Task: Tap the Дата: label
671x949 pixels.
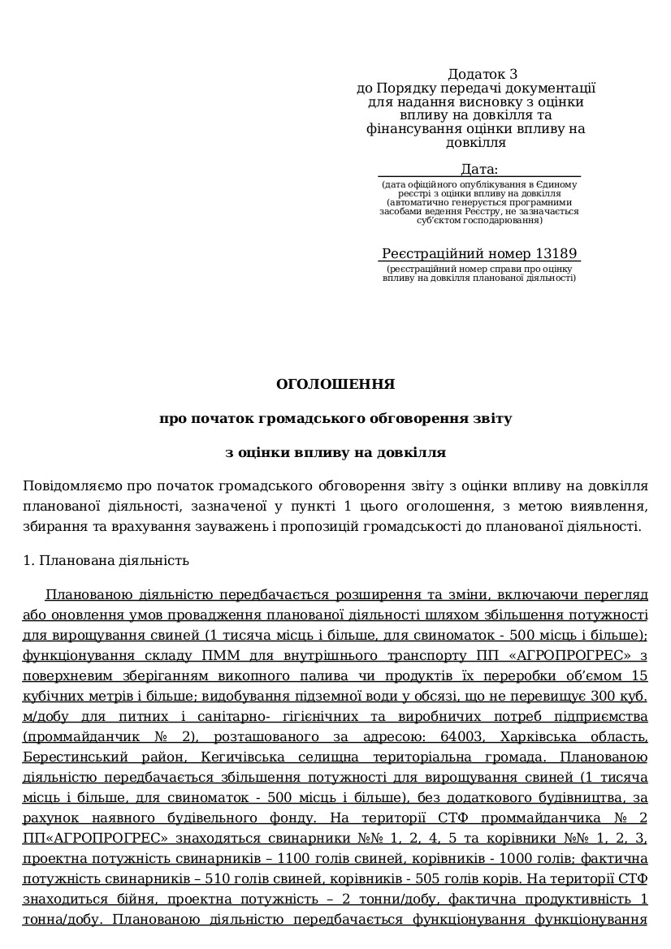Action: click(478, 169)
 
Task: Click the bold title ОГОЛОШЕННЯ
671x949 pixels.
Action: click(335, 384)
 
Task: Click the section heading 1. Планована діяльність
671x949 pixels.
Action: click(106, 560)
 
